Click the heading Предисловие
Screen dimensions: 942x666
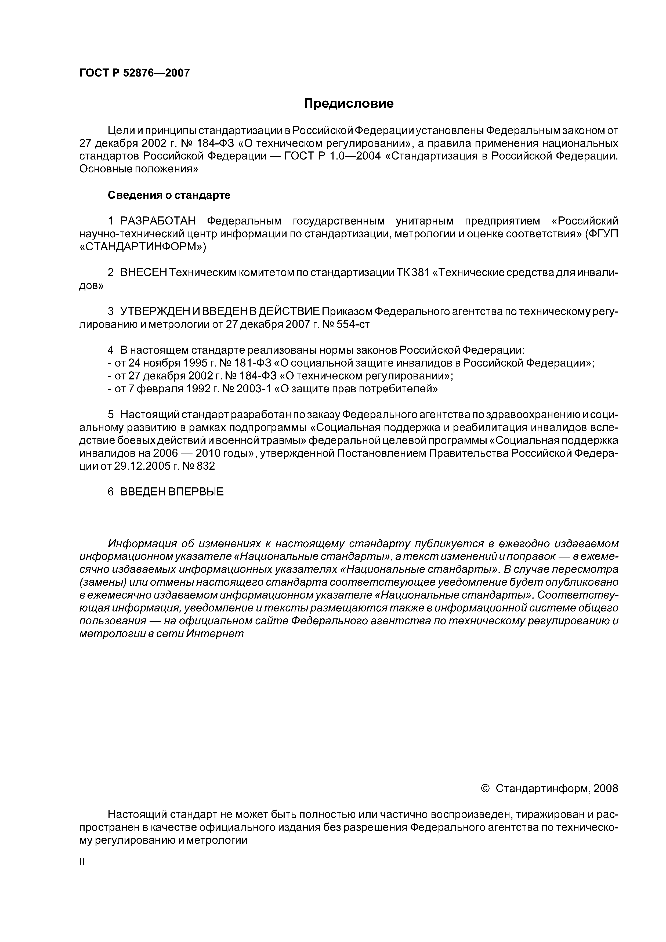[348, 103]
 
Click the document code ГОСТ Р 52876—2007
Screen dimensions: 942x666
[135, 73]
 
